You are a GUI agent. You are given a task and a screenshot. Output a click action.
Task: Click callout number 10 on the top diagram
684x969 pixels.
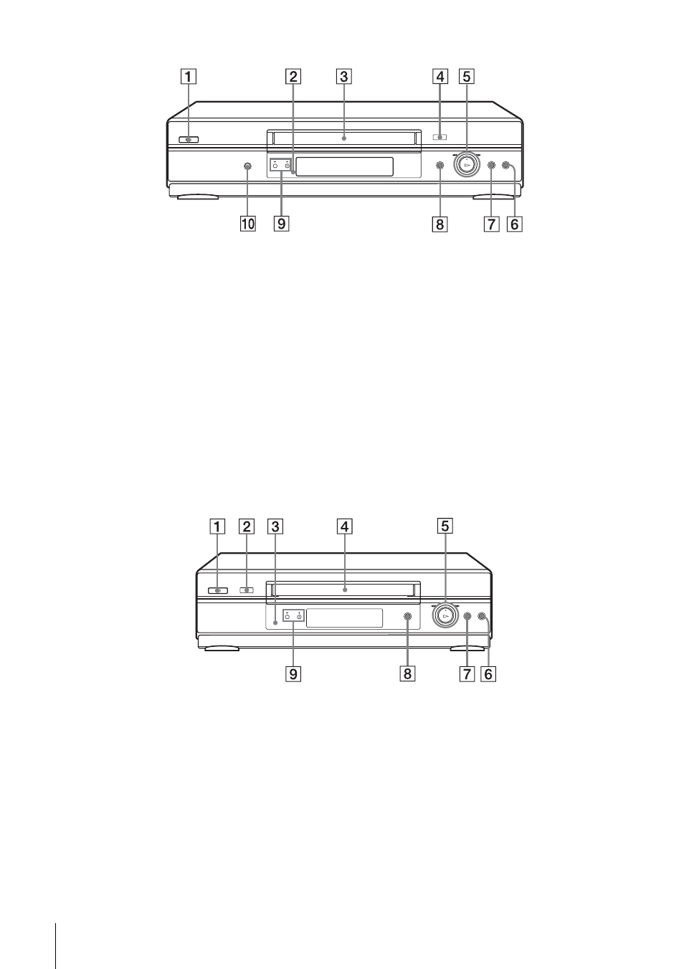coord(248,224)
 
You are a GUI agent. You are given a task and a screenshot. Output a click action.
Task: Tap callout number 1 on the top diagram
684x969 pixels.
coord(188,77)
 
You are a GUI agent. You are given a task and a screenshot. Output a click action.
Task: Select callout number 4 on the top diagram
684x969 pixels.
coord(440,77)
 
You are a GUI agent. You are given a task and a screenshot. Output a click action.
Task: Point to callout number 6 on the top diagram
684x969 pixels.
coord(515,224)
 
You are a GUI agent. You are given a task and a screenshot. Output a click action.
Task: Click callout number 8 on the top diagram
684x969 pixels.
coord(440,224)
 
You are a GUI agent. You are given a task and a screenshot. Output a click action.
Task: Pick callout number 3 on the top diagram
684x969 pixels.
coord(343,77)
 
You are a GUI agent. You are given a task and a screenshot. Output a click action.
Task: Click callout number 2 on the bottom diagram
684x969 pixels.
coord(247,526)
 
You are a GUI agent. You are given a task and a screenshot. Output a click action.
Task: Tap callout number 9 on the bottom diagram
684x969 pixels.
coord(293,674)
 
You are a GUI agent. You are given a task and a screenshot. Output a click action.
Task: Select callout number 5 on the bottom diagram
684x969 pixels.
coord(445,526)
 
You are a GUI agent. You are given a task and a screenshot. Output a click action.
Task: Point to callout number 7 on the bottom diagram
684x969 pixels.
coord(467,674)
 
